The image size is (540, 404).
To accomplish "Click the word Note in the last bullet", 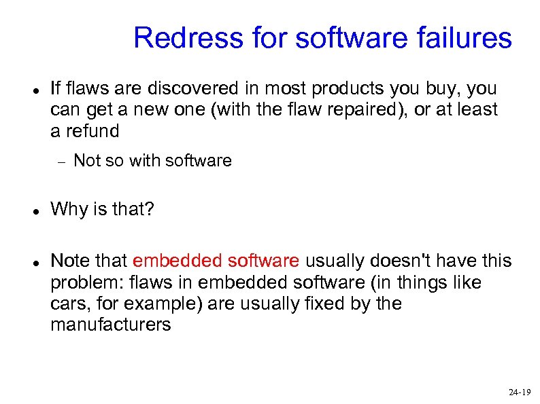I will point(69,261).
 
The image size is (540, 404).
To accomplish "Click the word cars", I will point(68,303).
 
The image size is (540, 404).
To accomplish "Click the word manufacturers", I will point(110,325).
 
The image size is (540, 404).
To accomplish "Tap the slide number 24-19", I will point(519,392).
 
